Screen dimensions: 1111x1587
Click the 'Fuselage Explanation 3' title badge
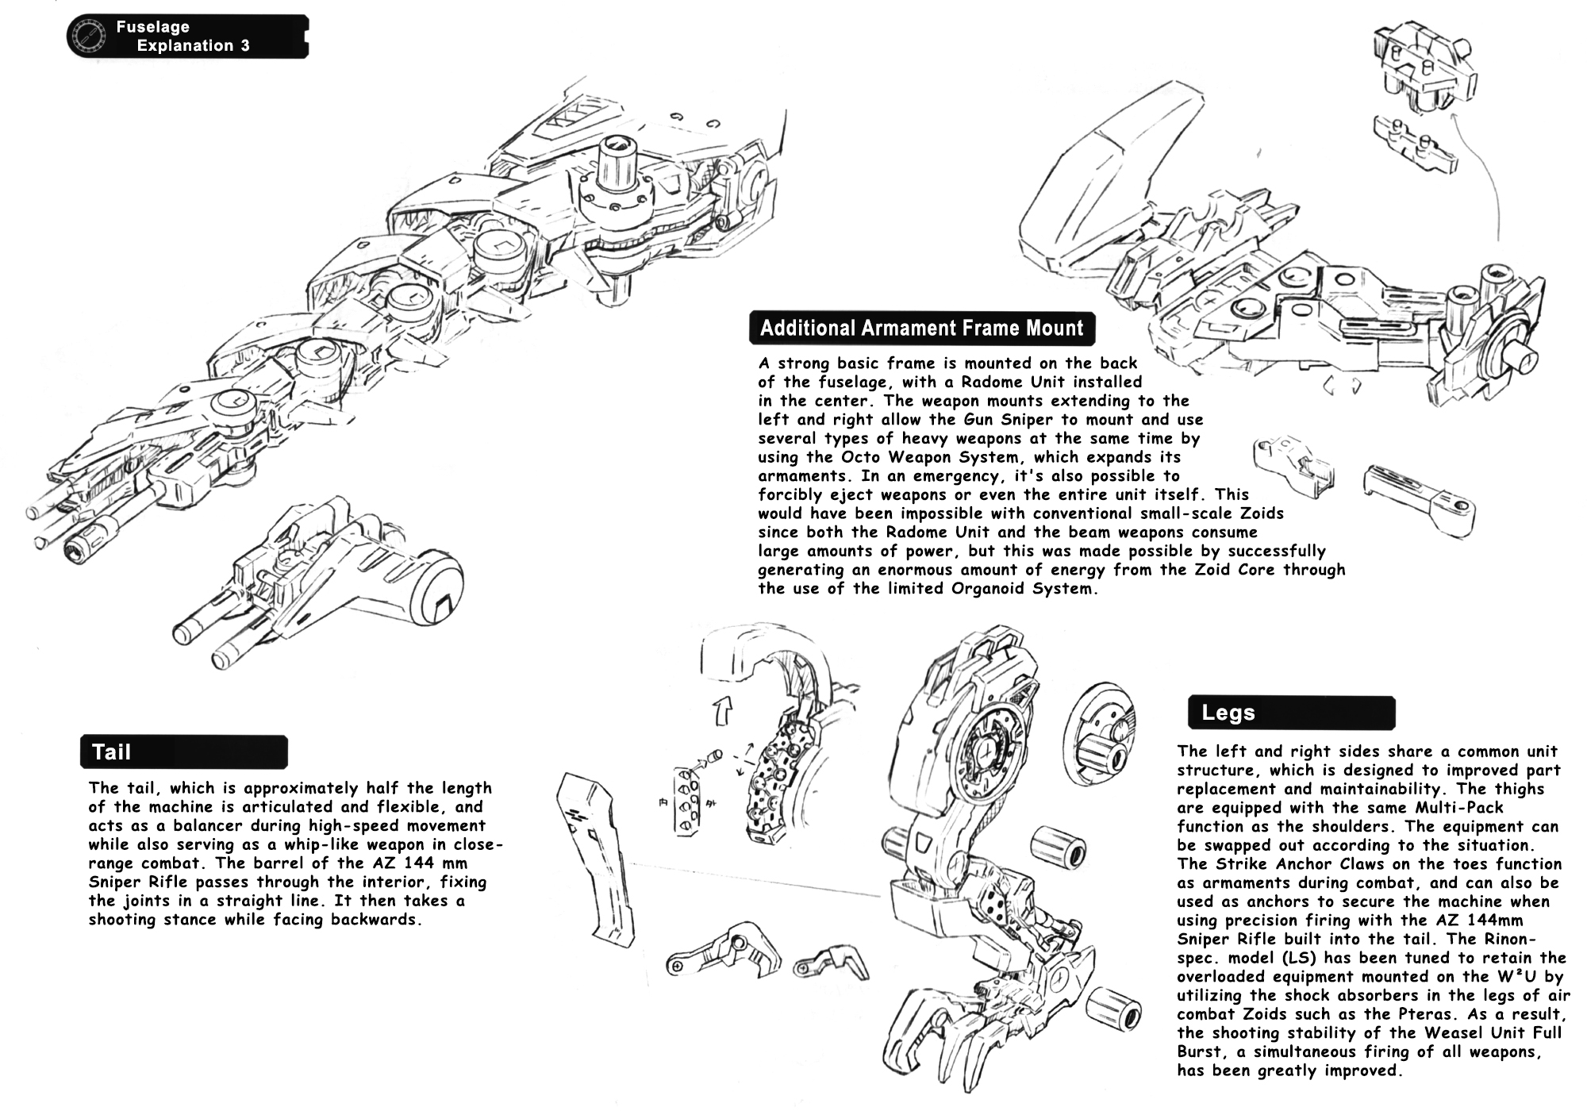point(188,37)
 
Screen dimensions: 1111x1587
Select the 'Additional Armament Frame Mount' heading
point(921,329)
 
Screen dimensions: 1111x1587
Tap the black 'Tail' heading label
point(183,752)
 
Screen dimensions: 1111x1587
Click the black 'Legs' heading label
point(1291,713)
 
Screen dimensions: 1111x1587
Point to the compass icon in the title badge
point(87,37)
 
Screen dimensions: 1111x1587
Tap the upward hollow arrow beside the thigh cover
point(723,710)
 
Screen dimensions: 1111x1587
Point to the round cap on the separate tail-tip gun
point(435,586)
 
